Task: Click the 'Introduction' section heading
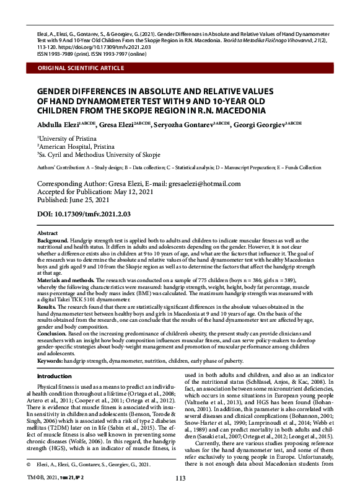[x=55, y=376]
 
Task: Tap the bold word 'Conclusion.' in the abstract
[x=52, y=334]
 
